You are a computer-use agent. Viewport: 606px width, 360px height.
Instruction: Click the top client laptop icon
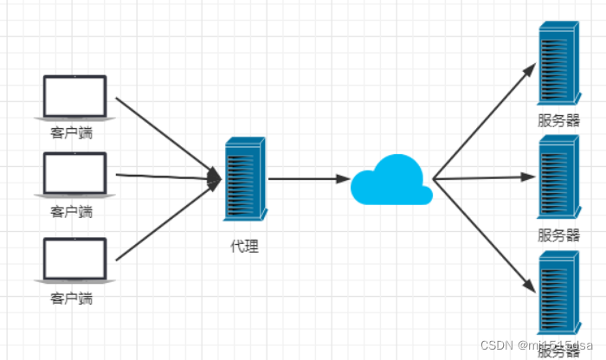tap(74, 97)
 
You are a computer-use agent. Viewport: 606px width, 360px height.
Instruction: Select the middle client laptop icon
tap(74, 174)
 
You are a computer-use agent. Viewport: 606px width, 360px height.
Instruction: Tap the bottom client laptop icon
tap(74, 260)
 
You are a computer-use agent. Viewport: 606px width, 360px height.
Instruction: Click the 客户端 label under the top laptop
tap(72, 134)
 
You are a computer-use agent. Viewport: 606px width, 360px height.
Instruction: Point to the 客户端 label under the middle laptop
tap(72, 211)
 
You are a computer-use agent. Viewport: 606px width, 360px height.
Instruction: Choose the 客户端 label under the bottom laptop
tap(72, 299)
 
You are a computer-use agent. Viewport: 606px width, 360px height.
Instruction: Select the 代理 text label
tap(244, 246)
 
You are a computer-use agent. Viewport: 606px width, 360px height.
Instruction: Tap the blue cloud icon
tap(391, 180)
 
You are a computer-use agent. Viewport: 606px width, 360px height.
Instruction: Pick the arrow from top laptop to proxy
tap(164, 135)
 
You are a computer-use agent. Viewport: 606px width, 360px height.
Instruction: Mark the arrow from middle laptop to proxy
tap(164, 177)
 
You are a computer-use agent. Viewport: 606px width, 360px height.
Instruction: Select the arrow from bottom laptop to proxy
tap(164, 222)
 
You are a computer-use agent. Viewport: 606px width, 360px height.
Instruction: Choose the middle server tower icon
tap(558, 177)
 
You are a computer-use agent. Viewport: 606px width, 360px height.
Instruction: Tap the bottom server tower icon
tap(558, 293)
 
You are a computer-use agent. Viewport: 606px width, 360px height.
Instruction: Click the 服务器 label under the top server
tap(558, 120)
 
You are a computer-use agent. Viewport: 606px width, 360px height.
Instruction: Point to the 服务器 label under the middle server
tap(558, 235)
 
